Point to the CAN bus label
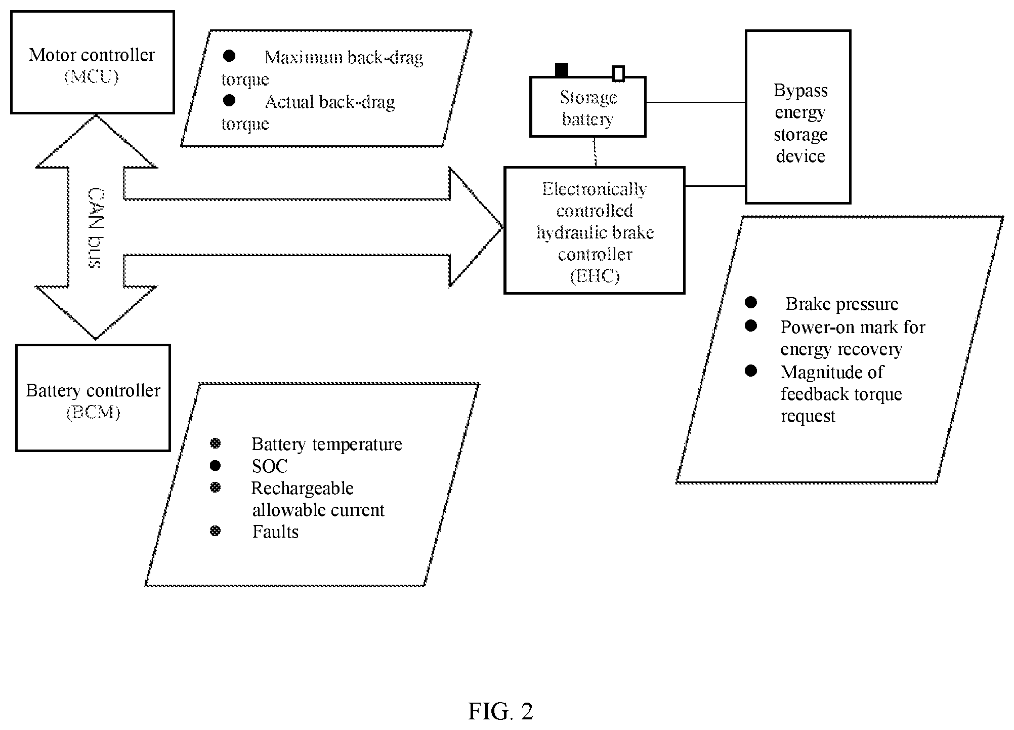95,228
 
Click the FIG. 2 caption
500,711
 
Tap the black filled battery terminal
562,70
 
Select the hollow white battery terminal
618,73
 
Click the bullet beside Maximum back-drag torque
229,56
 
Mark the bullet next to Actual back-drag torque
229,100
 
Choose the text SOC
270,466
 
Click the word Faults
275,532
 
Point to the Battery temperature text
327,444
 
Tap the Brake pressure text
842,304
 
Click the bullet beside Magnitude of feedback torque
751,371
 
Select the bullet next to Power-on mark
751,326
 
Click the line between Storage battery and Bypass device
696,102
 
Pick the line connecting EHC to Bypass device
715,186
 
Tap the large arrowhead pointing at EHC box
476,227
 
